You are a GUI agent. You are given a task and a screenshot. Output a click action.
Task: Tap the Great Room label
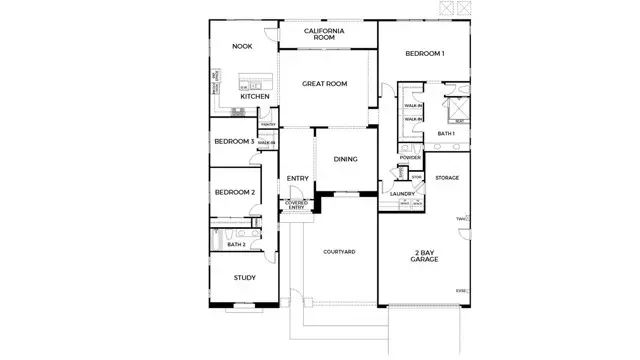325,84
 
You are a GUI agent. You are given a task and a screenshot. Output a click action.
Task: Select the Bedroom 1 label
425,53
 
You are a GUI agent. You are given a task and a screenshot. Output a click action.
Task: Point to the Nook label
241,46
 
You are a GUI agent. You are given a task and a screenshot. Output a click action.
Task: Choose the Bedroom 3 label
233,142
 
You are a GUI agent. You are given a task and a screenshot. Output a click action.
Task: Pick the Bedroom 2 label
233,192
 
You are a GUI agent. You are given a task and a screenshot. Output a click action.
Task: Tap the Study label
244,278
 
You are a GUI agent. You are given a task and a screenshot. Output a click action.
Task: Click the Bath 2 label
236,244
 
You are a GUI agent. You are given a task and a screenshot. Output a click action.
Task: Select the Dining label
346,159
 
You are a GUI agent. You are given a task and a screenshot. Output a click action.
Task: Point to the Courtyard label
340,252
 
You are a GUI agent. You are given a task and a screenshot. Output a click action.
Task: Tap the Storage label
447,178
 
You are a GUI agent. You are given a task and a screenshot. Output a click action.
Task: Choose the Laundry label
403,194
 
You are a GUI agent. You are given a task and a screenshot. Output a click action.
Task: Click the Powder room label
410,158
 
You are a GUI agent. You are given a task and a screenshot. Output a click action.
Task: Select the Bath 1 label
446,133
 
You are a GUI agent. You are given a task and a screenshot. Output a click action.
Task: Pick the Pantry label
267,124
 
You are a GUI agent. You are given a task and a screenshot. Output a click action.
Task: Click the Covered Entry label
297,206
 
